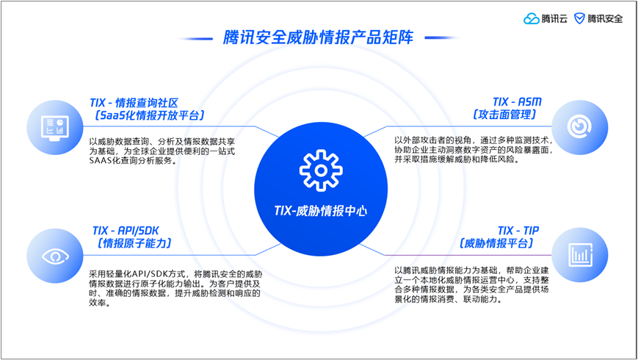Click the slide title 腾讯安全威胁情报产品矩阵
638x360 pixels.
click(318, 37)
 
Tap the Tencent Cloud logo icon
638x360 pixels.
click(531, 18)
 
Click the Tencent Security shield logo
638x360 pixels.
click(579, 18)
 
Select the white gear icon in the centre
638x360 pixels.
click(321, 170)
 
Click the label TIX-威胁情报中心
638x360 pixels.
click(321, 211)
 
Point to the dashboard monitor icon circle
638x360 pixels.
click(55, 127)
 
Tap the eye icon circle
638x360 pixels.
click(55, 256)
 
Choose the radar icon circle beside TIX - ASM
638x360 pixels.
click(579, 127)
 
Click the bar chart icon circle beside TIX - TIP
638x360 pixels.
click(579, 255)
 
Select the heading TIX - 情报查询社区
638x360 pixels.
click(134, 103)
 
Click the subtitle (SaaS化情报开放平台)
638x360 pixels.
click(149, 115)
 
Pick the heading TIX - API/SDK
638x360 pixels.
click(126, 231)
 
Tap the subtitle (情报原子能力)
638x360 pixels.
click(134, 243)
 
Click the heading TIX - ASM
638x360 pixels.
click(517, 102)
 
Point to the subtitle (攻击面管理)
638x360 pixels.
click(504, 115)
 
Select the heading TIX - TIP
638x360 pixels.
click(518, 231)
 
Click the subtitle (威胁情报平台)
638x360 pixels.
click(496, 243)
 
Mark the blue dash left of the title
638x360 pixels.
click(195, 39)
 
